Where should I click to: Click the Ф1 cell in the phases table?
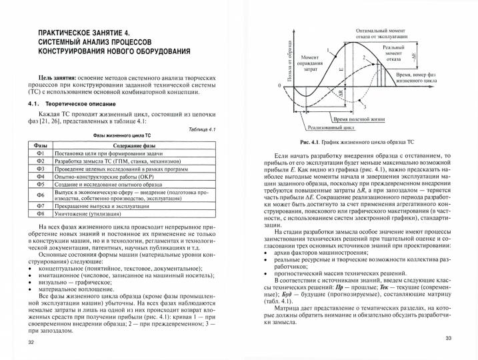39,153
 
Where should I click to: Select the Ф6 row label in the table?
39,194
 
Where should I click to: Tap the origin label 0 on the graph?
279,87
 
